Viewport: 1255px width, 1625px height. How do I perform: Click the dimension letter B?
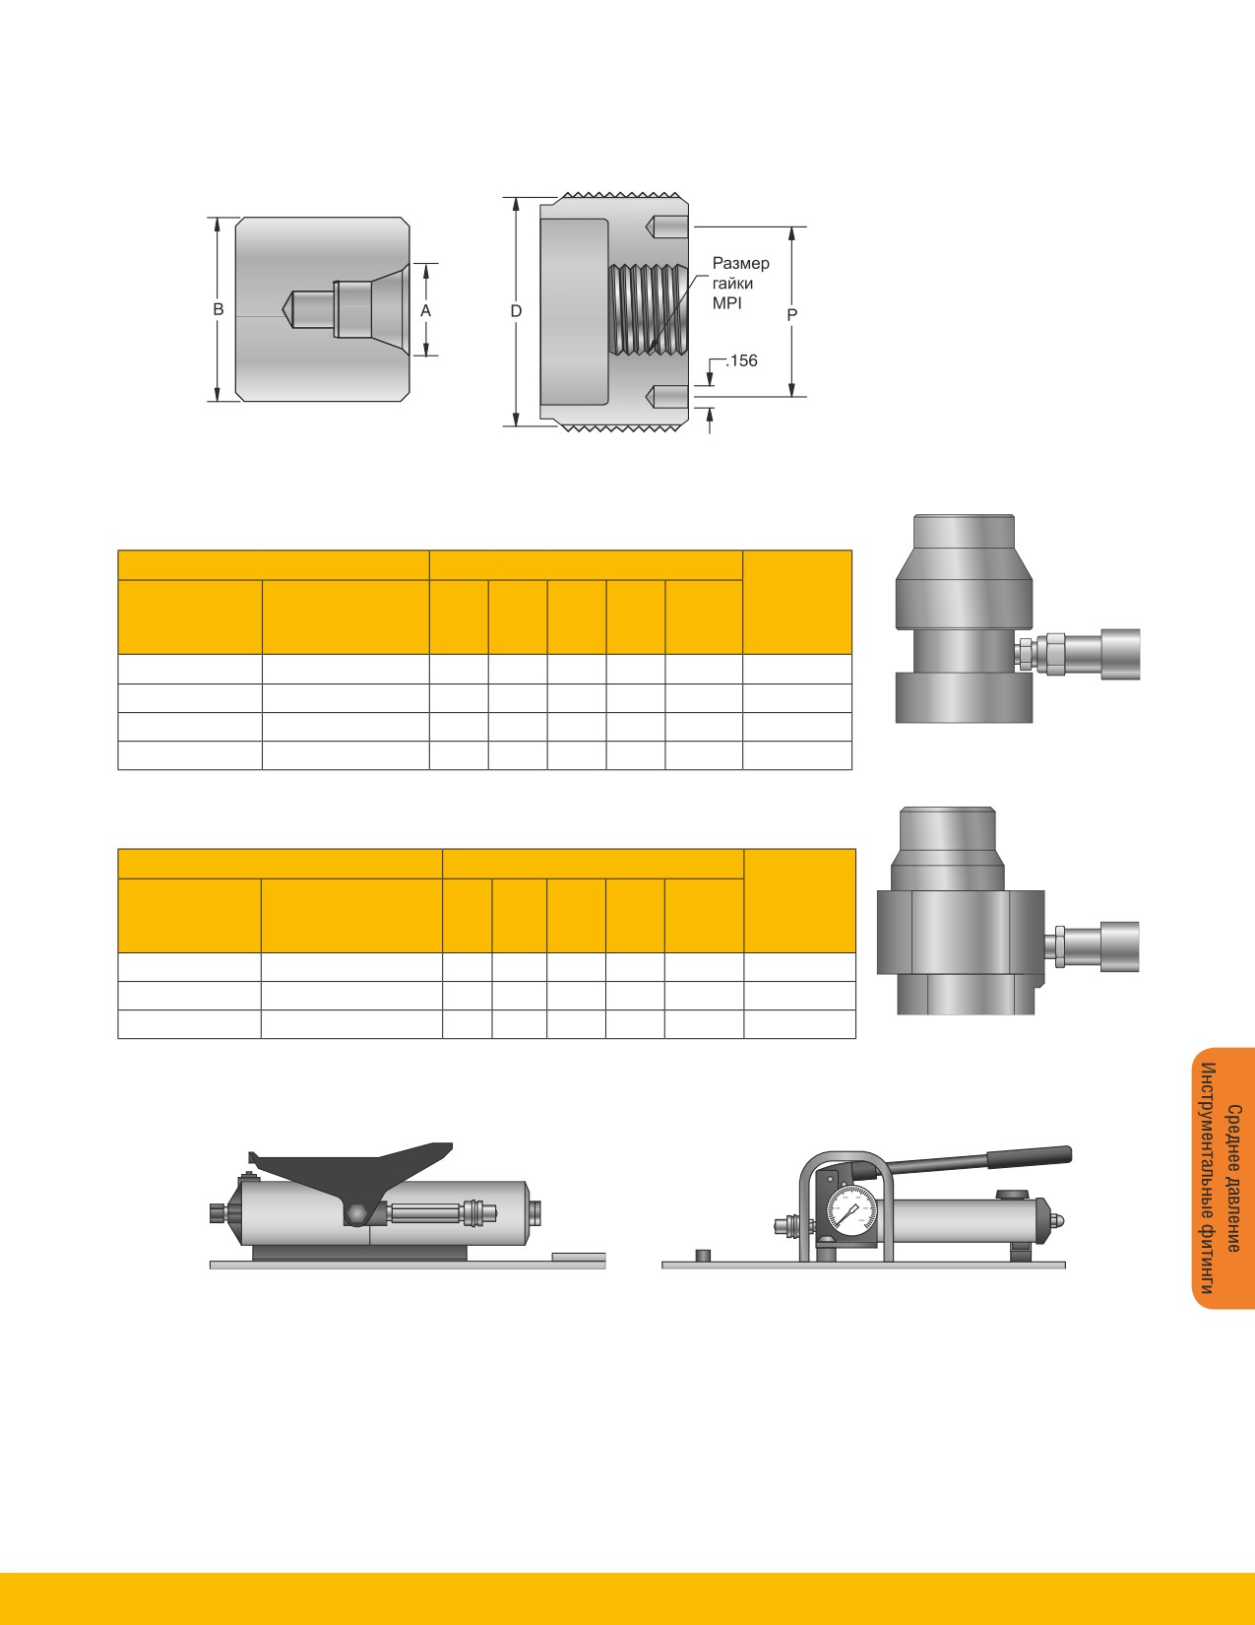click(x=219, y=309)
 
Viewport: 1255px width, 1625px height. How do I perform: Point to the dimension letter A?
click(x=426, y=310)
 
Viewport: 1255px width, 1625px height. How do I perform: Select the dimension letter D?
click(x=516, y=311)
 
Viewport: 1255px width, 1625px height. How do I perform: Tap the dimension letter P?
click(x=792, y=315)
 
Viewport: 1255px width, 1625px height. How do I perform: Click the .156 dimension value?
click(x=741, y=360)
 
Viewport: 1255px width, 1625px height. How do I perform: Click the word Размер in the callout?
click(x=741, y=263)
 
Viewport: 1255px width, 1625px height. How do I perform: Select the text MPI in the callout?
click(x=727, y=303)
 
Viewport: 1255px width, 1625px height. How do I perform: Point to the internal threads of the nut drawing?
click(x=648, y=308)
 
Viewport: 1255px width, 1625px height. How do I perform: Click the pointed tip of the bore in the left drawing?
click(x=283, y=309)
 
